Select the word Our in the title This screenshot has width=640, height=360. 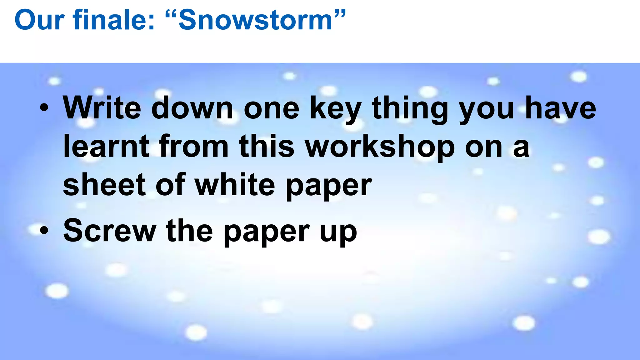(x=39, y=20)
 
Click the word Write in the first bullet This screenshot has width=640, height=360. (x=102, y=108)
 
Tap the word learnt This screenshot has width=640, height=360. (x=106, y=146)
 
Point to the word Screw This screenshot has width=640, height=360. (x=110, y=231)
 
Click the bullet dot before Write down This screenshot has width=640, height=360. (x=44, y=108)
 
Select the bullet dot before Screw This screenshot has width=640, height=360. (x=44, y=231)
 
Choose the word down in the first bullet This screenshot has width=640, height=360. (x=192, y=108)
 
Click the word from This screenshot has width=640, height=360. (x=193, y=146)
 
